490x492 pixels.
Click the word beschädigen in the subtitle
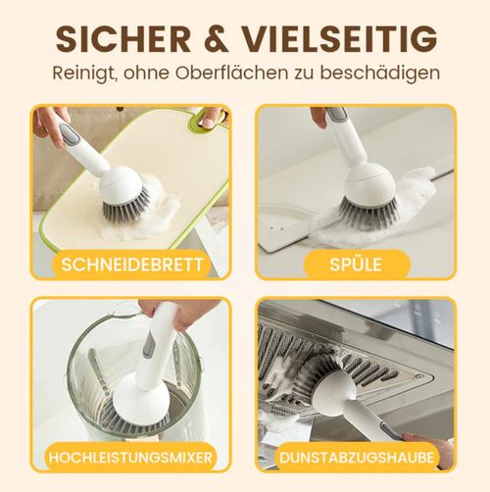pos(382,73)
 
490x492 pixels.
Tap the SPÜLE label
pos(356,264)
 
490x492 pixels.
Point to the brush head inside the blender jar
pos(138,401)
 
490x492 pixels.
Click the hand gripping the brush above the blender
pos(182,315)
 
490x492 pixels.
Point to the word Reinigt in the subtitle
pos(89,73)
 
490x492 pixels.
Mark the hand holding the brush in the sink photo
pos(320,117)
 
